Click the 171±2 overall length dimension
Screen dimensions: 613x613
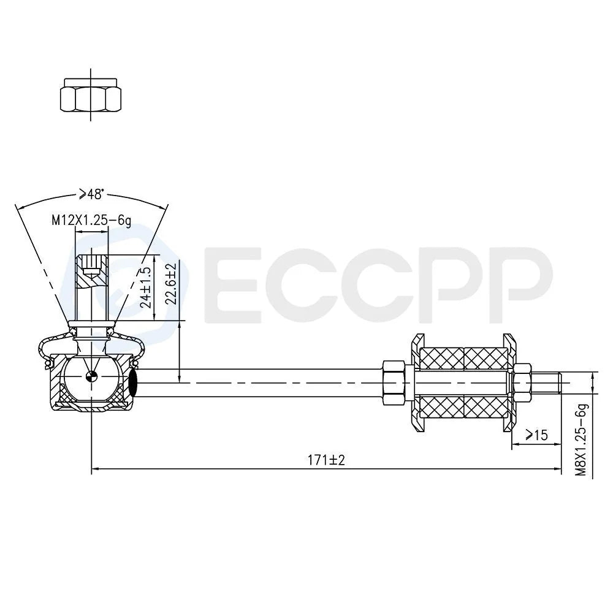(327, 460)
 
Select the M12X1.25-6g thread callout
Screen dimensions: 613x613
(91, 221)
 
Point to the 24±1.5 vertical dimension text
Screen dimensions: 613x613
(146, 287)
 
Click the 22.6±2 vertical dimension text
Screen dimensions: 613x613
(171, 283)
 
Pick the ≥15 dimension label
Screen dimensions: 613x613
(536, 435)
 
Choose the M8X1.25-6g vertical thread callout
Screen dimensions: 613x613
(582, 439)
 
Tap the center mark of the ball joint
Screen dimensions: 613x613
(91, 376)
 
